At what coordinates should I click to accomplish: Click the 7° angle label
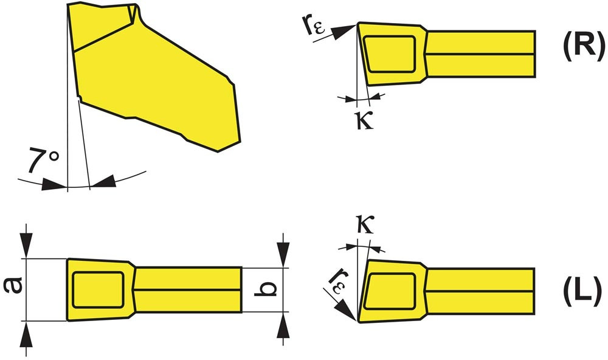pos(43,159)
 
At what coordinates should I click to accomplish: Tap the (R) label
pos(584,46)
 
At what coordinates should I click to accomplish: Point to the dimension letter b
pos(266,289)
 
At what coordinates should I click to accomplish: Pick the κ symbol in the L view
pos(365,224)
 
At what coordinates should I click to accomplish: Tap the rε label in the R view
pos(313,26)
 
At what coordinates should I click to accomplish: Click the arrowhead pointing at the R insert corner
pos(345,32)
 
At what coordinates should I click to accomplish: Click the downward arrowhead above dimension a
pos(26,245)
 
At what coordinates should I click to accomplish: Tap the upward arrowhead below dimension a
pos(26,334)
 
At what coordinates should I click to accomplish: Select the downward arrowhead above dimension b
pos(283,254)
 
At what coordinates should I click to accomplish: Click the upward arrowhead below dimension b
pos(283,325)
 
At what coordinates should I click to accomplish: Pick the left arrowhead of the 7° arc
pos(54,184)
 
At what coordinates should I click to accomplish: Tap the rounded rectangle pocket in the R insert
pos(389,54)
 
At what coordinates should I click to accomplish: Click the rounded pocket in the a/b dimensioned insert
pos(98,290)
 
